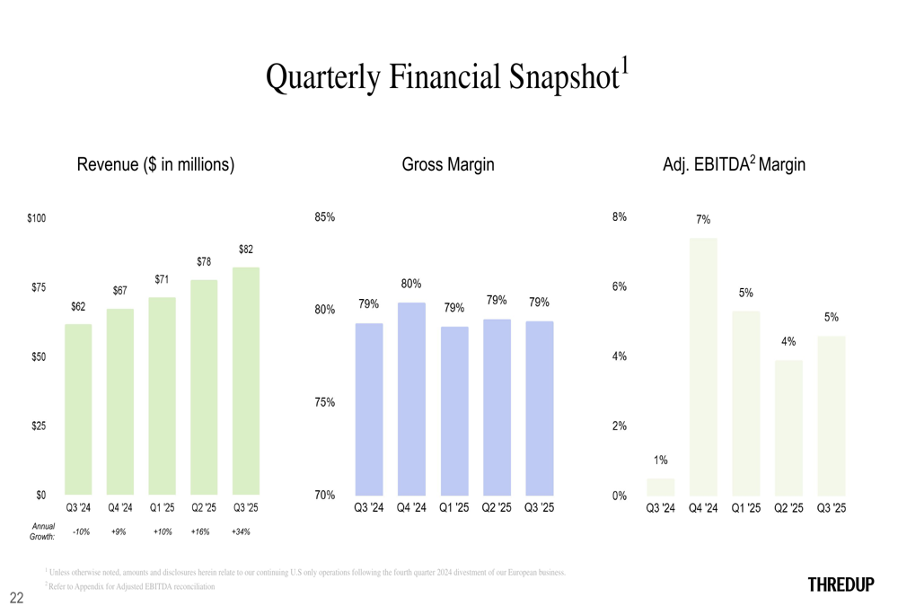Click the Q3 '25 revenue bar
click(245, 381)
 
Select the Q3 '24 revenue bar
click(78, 409)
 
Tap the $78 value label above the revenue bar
click(204, 262)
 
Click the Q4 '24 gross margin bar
click(411, 399)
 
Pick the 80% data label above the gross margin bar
click(411, 284)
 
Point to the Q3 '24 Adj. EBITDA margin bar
click(660, 487)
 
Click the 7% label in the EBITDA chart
click(703, 220)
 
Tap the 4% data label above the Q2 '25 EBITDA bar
click(788, 342)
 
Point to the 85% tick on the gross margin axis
click(324, 217)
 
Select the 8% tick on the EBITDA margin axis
click(620, 217)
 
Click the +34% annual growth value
click(241, 532)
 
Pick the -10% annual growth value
click(80, 532)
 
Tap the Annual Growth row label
click(42, 531)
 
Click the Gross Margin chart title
click(448, 165)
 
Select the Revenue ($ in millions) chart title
click(155, 165)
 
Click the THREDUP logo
click(841, 585)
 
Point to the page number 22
click(16, 597)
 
